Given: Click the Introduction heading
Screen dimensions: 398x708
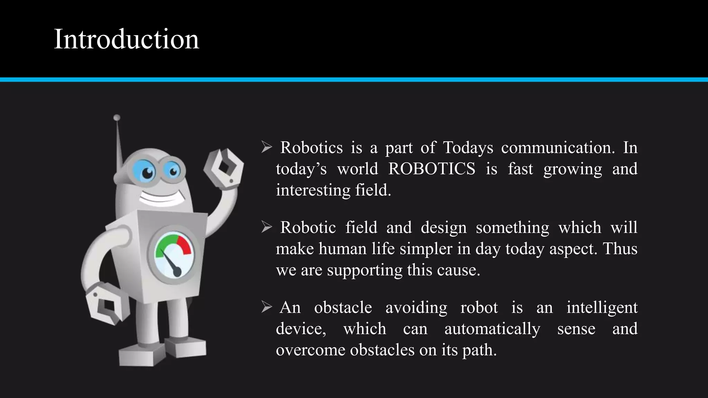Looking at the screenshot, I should click(126, 39).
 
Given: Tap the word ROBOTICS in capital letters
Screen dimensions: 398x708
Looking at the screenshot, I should click(431, 169).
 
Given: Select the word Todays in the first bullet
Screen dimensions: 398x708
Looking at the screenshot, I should click(468, 148).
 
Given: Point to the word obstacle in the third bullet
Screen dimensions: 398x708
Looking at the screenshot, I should click(343, 307).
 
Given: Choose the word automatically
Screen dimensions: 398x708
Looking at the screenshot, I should click(492, 329).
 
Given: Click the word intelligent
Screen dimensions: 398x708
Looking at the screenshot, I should click(602, 307).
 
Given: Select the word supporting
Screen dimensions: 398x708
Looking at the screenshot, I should click(365, 270).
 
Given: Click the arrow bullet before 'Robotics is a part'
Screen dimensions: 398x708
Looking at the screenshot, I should click(267, 148).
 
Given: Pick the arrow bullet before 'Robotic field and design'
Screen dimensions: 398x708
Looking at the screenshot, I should click(267, 227).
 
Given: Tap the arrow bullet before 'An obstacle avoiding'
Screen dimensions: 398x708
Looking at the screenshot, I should click(267, 307).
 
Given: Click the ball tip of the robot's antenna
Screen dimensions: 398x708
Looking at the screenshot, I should click(117, 118).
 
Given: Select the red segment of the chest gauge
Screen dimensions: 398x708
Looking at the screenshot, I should click(185, 245).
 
